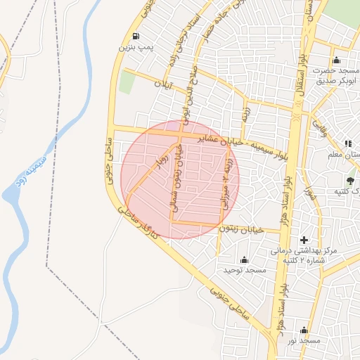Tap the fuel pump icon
(134, 37)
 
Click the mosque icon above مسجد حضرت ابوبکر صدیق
(336, 60)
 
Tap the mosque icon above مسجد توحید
(244, 260)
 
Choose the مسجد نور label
(303, 340)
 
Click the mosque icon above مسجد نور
(304, 330)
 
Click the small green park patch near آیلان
(127, 82)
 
